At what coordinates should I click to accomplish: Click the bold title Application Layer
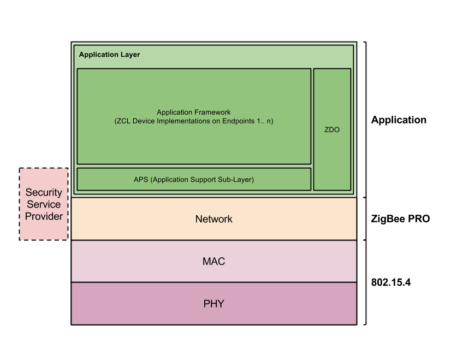pyautogui.click(x=109, y=55)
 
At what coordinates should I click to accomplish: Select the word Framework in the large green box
pyautogui.click(x=212, y=113)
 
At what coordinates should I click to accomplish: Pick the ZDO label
pyautogui.click(x=332, y=130)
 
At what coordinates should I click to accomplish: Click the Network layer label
pyautogui.click(x=213, y=219)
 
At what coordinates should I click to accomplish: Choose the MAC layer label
pyautogui.click(x=213, y=262)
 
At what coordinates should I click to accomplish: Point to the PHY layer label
pyautogui.click(x=213, y=304)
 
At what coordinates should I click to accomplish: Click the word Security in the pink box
pyautogui.click(x=44, y=192)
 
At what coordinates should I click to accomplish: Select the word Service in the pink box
pyautogui.click(x=44, y=204)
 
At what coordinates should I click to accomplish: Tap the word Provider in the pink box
pyautogui.click(x=44, y=216)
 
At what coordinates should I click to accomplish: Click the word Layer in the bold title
pyautogui.click(x=130, y=55)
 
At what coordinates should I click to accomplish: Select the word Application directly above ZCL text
pyautogui.click(x=175, y=113)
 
